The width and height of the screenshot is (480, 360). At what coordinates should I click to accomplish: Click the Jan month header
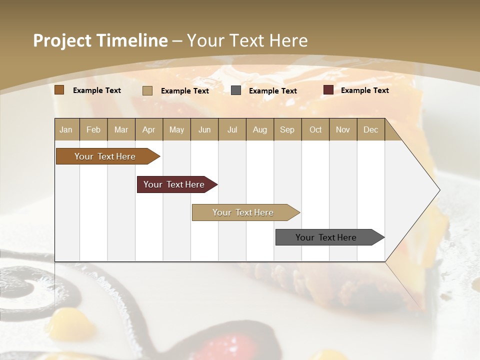66,129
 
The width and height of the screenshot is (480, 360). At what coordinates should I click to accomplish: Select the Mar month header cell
121,129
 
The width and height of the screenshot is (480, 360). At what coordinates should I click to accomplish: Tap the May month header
176,129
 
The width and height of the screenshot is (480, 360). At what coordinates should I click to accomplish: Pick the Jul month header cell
232,129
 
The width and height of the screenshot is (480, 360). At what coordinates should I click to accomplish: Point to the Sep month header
287,129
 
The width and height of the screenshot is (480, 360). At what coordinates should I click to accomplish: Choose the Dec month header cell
370,129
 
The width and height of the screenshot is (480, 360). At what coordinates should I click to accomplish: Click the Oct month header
315,129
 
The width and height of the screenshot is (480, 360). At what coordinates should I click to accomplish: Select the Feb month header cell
93,129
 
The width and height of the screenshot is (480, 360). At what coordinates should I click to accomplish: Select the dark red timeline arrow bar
175,184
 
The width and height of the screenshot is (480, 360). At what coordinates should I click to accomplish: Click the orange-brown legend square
59,90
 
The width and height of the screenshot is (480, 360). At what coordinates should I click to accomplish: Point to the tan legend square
147,90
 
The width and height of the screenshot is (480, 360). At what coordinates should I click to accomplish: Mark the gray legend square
236,90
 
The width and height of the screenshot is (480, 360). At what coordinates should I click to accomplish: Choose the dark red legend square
328,90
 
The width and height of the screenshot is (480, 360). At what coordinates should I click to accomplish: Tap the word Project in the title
62,40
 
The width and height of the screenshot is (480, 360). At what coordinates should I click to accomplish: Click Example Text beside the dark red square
364,90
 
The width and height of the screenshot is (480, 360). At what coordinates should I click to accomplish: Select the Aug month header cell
259,129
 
